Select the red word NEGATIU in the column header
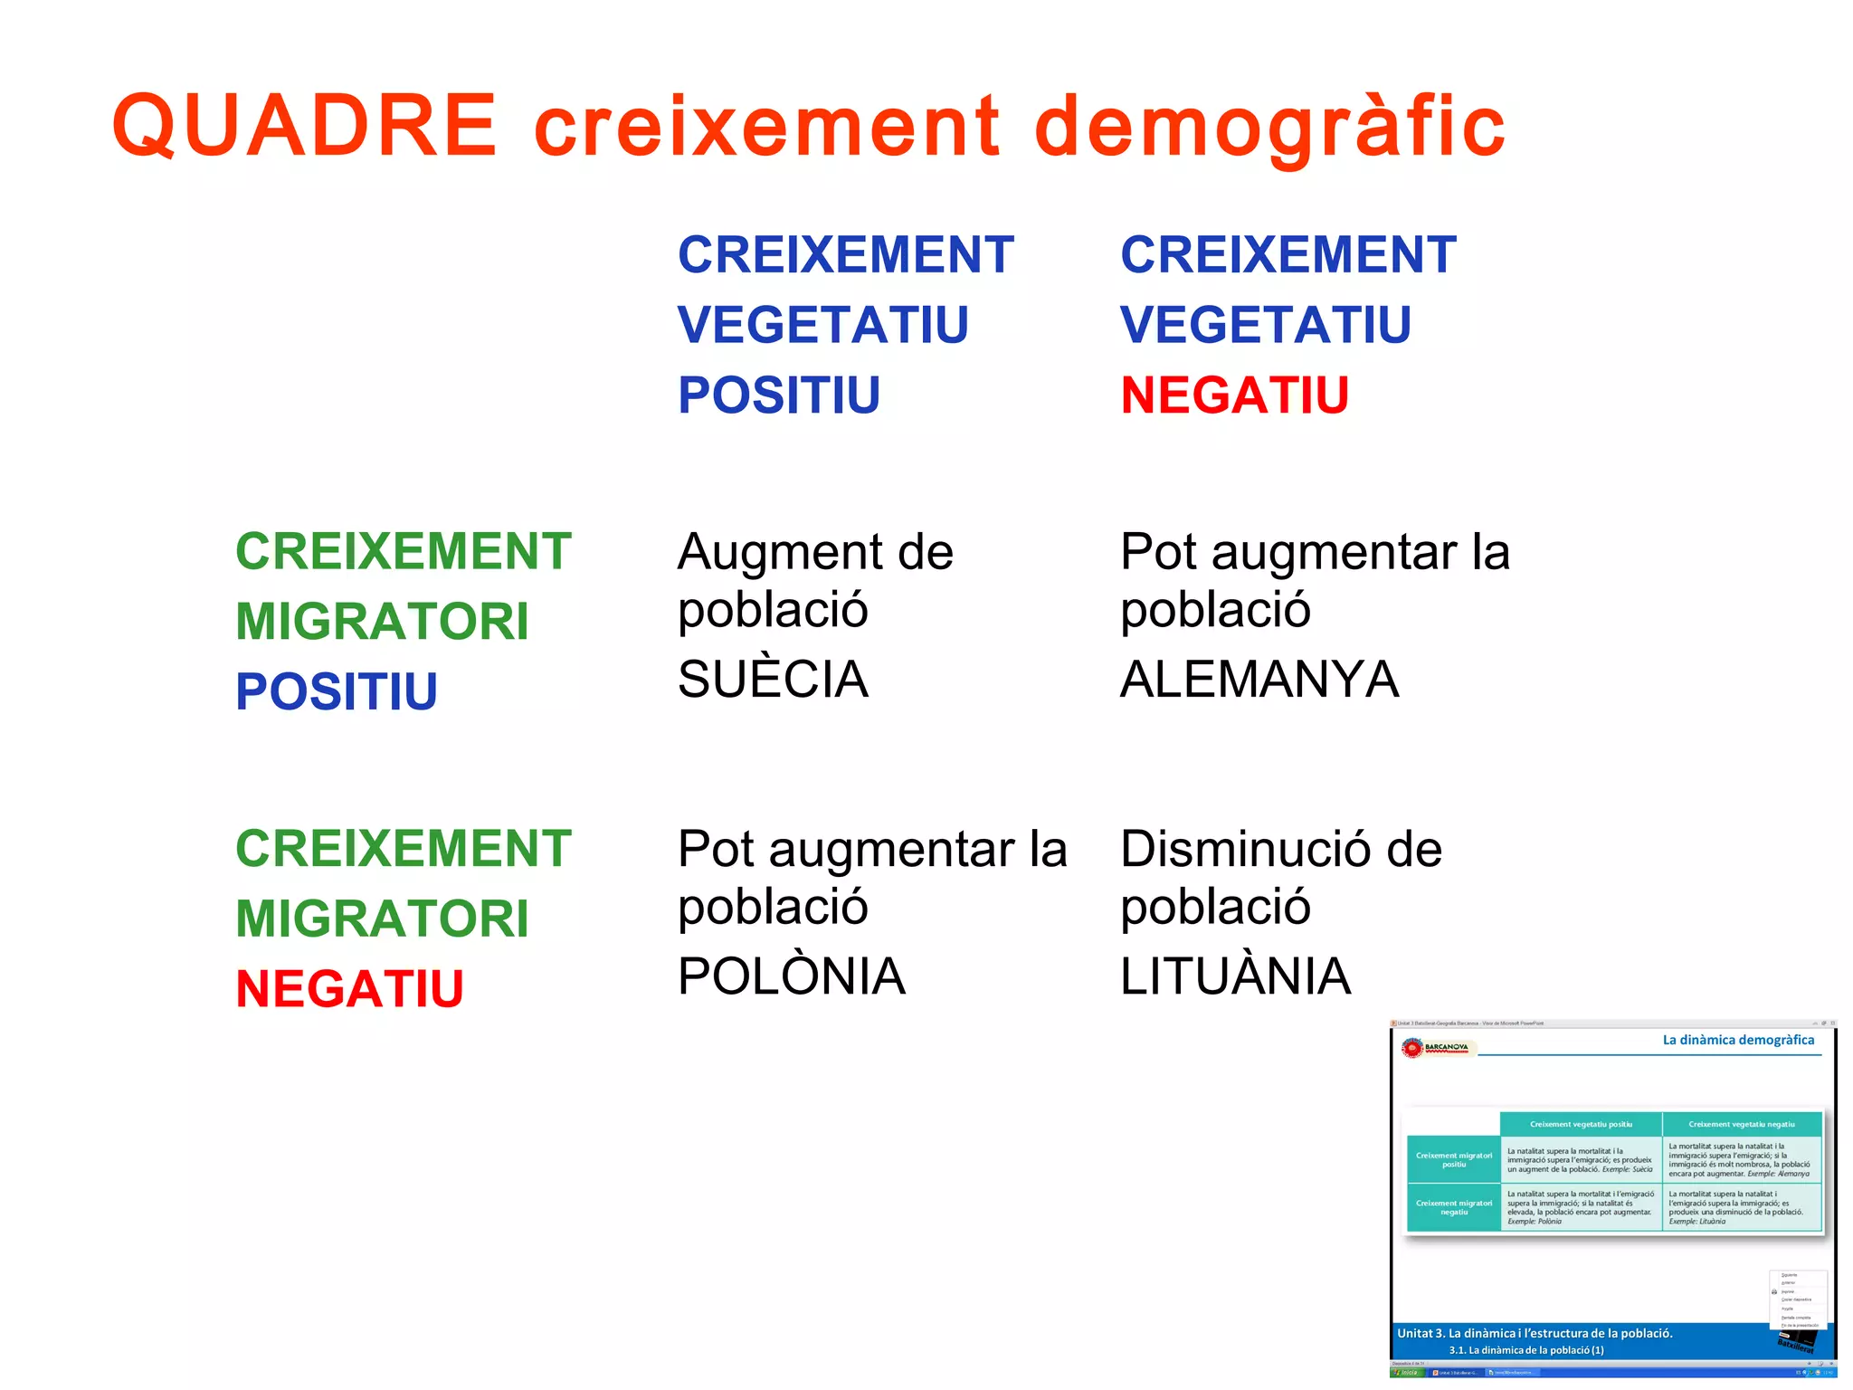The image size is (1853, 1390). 1234,395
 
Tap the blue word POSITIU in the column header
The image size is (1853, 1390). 778,395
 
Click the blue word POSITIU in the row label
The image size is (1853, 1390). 337,691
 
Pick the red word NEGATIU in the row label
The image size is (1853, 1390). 349,988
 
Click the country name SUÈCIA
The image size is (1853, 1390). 773,679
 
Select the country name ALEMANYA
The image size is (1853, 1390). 1259,679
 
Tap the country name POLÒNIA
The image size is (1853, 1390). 791,976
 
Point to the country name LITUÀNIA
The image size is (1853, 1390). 1235,976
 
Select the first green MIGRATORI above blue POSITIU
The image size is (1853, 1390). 382,622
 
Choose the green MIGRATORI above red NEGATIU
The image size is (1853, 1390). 382,919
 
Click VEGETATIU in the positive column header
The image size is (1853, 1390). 822,325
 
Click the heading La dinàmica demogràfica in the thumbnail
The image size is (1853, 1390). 1737,1040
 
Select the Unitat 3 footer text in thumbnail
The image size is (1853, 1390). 1535,1333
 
